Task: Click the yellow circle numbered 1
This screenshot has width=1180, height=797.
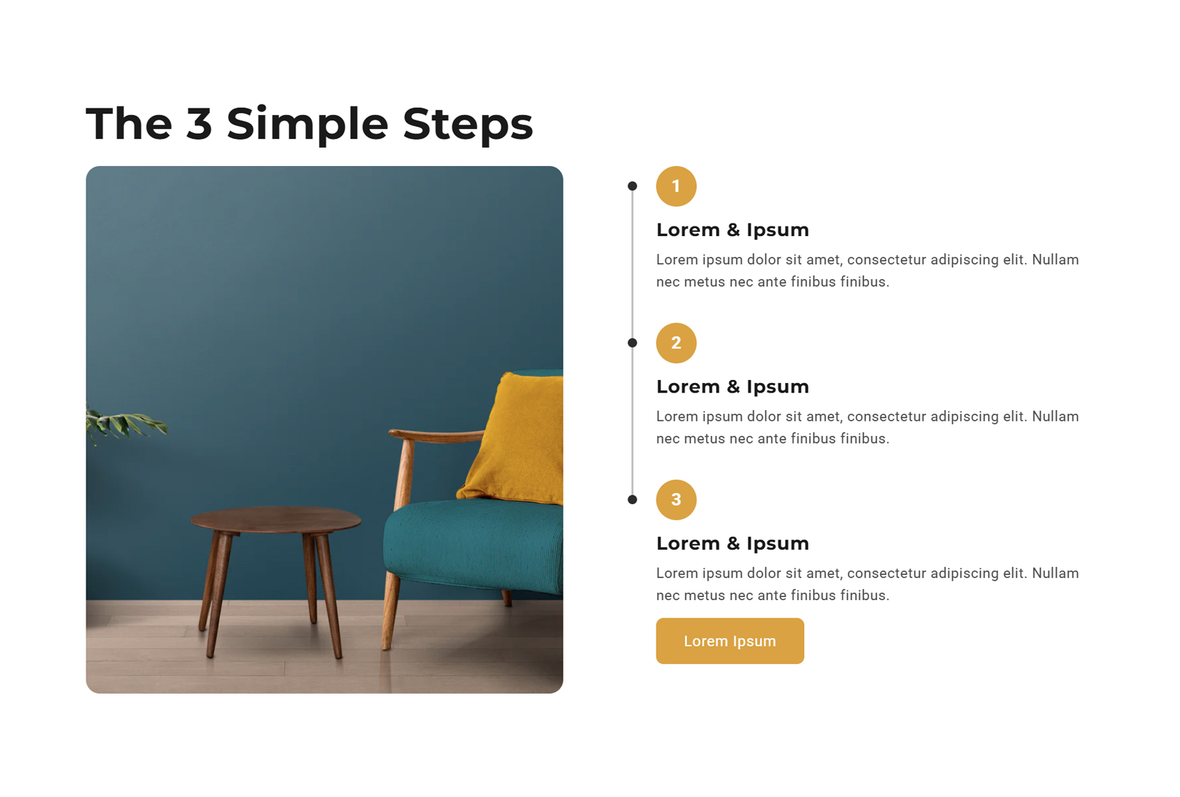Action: pos(676,187)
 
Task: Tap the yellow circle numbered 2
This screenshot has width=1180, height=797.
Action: pos(676,343)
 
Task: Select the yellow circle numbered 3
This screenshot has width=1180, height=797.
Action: pos(676,500)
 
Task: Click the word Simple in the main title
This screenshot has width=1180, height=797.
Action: pos(307,125)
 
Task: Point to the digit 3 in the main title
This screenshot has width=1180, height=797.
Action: pos(199,124)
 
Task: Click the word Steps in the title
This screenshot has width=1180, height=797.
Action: pos(467,125)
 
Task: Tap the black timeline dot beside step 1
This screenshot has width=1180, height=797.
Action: pos(632,186)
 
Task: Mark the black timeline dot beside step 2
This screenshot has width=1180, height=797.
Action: pos(632,342)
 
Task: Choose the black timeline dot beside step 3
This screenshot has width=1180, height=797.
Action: pos(632,500)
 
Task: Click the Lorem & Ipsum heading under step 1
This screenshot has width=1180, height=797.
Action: pos(733,230)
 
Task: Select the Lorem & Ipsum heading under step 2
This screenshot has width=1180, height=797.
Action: pos(733,387)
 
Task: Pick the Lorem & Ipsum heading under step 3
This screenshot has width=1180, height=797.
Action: pos(733,543)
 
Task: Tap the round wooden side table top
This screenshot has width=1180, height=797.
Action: pos(275,520)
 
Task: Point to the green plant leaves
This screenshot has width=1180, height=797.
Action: pos(124,424)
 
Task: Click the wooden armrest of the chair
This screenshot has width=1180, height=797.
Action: pos(436,435)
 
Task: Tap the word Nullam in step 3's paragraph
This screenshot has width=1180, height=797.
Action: pos(1055,573)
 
